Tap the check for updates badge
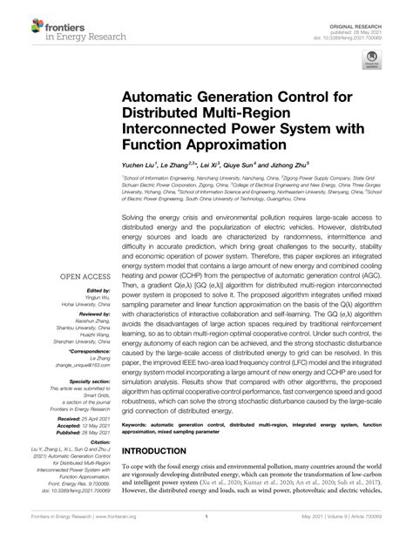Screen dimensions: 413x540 (372, 59)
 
